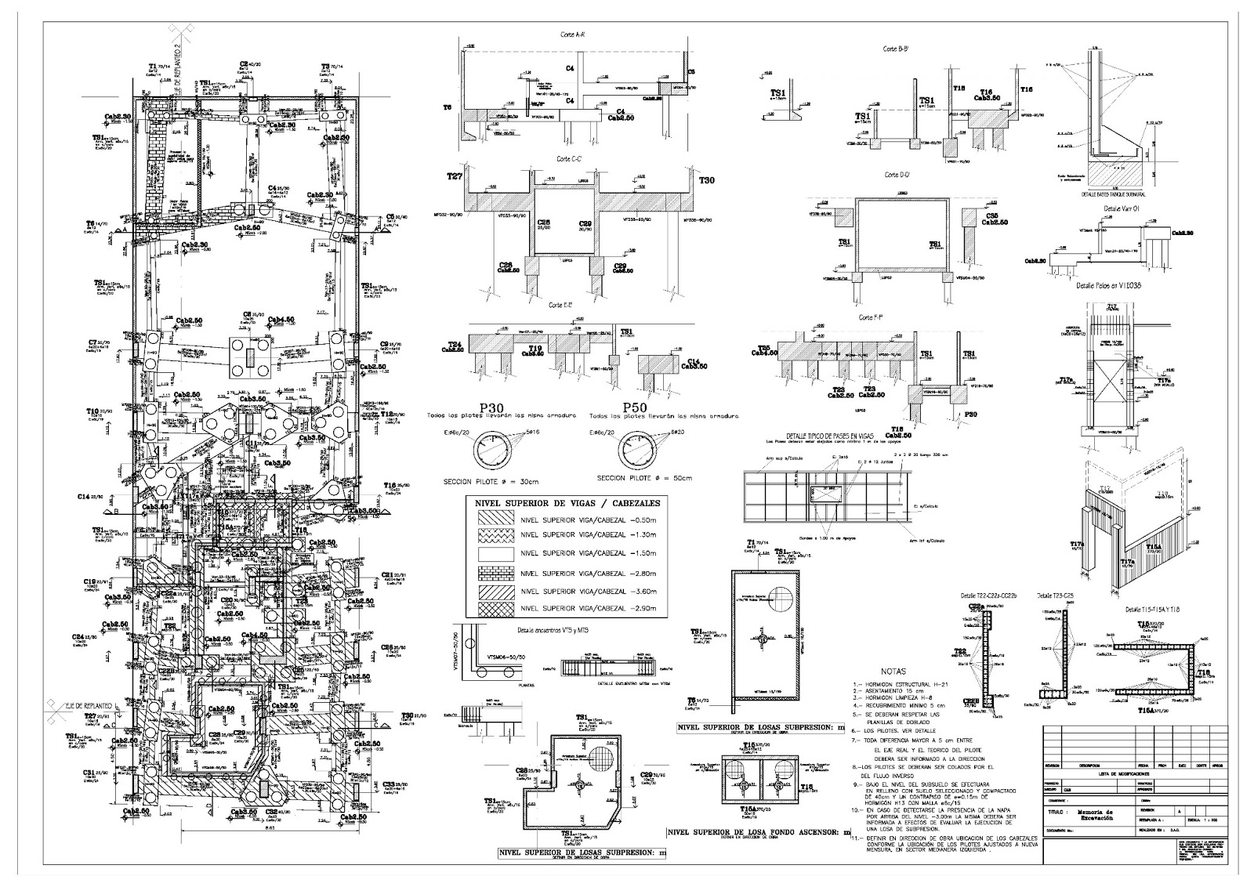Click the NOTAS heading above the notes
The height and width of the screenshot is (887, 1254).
893,672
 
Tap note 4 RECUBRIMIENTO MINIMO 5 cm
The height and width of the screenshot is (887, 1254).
906,706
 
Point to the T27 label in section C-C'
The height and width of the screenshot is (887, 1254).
455,178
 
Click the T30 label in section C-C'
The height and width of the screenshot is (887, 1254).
707,180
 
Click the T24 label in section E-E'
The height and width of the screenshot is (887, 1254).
454,345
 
